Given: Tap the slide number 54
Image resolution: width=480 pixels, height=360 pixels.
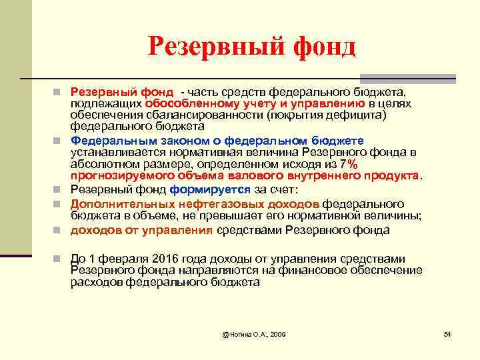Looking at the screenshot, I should click(447, 333).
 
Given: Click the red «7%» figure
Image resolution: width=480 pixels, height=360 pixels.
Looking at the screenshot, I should click(348, 165).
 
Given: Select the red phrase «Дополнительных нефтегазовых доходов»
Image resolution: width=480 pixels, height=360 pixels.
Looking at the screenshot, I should click(195, 203).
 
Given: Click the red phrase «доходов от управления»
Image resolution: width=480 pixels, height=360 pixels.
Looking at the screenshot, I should click(141, 231).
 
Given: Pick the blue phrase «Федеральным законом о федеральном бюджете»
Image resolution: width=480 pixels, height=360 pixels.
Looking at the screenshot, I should click(217, 141).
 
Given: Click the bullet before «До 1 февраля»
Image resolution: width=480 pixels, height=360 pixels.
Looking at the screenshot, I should click(59, 259).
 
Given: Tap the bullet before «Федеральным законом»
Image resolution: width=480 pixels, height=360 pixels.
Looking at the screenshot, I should click(59, 141).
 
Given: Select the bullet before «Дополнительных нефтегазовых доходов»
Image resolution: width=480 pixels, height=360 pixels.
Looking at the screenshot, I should click(59, 203).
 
